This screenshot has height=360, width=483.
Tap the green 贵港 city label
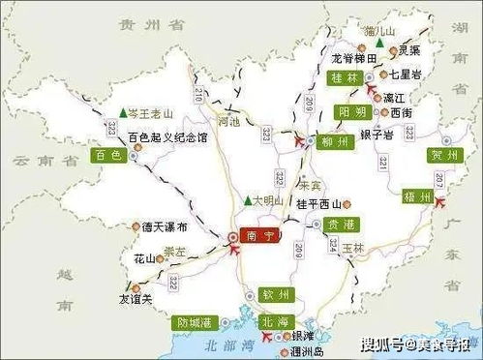[328, 223]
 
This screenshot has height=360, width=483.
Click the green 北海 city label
[274, 320]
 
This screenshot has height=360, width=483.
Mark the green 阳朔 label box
[353, 113]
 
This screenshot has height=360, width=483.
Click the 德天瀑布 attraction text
[162, 226]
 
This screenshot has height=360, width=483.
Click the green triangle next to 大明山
[248, 200]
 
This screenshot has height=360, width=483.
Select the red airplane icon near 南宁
[236, 251]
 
